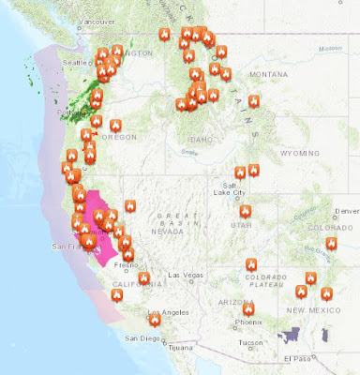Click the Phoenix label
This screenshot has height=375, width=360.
[x=248, y=322]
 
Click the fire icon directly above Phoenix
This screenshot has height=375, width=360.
[x=248, y=307]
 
